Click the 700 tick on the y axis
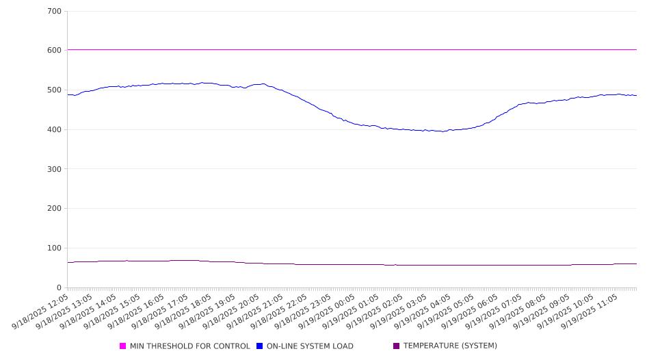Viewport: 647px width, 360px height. (54, 12)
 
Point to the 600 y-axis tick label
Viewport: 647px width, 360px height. (54, 51)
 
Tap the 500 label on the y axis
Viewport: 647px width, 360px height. (54, 90)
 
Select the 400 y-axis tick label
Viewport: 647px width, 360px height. (54, 130)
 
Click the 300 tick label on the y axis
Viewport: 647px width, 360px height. (54, 169)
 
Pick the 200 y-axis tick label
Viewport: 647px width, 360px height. (54, 209)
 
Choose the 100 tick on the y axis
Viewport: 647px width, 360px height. (54, 248)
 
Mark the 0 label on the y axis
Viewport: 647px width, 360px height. (59, 288)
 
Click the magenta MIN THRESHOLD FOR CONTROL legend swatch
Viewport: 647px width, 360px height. (123, 346)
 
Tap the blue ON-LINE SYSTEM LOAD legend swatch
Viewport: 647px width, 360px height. (260, 346)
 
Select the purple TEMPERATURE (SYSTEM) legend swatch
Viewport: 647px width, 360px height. (397, 346)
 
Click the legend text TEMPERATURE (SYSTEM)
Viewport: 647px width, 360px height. (450, 346)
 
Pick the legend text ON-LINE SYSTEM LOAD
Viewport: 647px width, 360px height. (310, 346)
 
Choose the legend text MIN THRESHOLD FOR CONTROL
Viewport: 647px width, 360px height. (190, 346)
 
